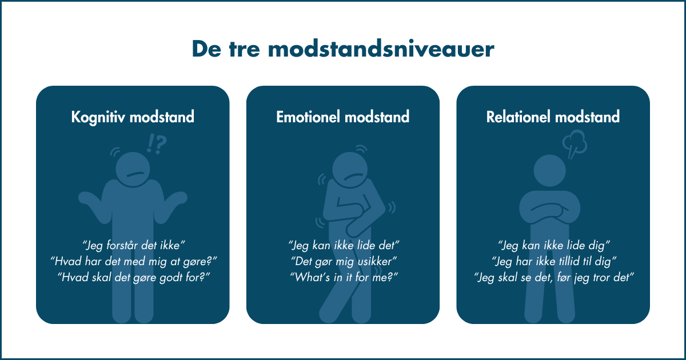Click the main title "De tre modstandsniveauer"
pyautogui.click(x=342, y=49)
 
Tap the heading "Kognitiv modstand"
pyautogui.click(x=133, y=117)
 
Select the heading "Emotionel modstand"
pyautogui.click(x=343, y=117)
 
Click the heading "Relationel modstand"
pyautogui.click(x=553, y=117)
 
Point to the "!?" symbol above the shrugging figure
pyautogui.click(x=156, y=145)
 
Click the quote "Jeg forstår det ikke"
pyautogui.click(x=133, y=246)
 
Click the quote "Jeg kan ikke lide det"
pyautogui.click(x=343, y=246)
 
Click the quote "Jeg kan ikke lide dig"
pyautogui.click(x=553, y=246)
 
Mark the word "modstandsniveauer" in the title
pyautogui.click(x=381, y=49)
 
